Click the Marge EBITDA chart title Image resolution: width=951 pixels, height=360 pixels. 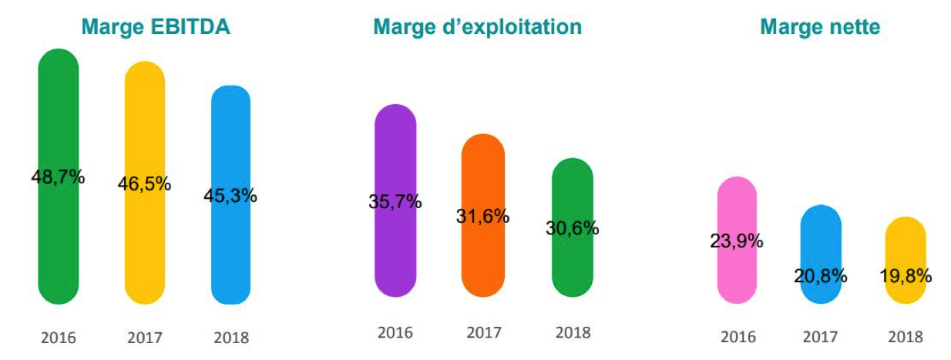tap(156, 26)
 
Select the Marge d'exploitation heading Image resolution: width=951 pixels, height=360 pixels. tap(478, 27)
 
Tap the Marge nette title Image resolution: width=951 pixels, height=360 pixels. tap(820, 27)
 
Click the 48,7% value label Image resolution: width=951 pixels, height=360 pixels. tap(58, 177)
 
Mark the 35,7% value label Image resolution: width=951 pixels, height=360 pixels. tap(395, 201)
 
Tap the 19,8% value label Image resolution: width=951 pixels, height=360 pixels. tap(906, 276)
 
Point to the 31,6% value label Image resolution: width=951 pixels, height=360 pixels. tap(483, 216)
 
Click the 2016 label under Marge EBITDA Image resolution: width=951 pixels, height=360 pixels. tap(58, 338)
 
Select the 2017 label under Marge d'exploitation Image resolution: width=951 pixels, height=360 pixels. tap(484, 333)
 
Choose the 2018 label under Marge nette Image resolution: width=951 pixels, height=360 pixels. tap(906, 337)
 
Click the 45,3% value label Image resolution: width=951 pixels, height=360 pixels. tap(230, 196)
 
